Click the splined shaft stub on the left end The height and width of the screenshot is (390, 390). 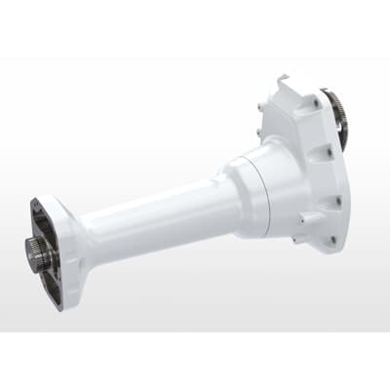39,255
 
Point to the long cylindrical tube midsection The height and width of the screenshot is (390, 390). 156,219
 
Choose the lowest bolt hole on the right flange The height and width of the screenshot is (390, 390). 331,237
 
